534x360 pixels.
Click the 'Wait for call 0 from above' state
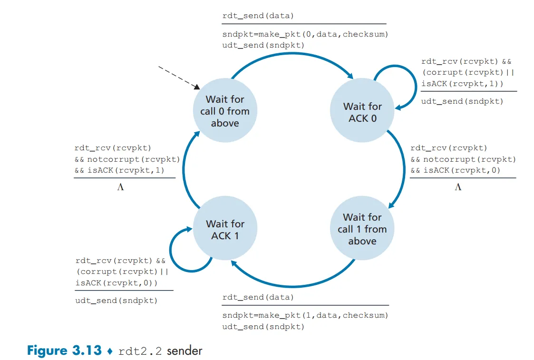point(225,111)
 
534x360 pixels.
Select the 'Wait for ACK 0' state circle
point(362,112)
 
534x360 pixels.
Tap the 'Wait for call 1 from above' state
point(362,229)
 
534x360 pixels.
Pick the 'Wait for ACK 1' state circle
point(225,230)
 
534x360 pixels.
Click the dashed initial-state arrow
point(178,77)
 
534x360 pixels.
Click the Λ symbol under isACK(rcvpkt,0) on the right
point(458,187)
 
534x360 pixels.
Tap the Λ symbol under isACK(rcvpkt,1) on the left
point(120,187)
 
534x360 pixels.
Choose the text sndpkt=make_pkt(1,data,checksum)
point(305,315)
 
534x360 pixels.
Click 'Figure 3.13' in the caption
point(64,351)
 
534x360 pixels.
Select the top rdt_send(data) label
point(258,16)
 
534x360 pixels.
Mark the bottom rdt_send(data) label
point(258,297)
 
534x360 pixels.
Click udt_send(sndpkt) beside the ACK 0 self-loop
point(462,101)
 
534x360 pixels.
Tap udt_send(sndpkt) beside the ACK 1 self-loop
point(116,301)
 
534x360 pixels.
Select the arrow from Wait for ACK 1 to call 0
point(183,171)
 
